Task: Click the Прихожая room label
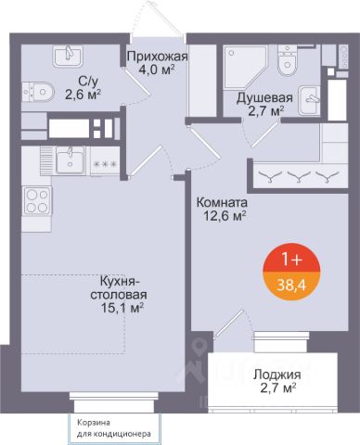158,57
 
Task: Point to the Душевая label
264,98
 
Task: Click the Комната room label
222,203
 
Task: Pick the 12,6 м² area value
225,216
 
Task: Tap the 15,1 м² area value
122,308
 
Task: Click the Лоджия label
277,375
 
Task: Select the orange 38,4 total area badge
291,286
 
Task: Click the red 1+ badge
291,258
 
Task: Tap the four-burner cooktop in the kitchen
37,200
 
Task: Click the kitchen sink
71,159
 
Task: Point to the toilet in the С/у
38,92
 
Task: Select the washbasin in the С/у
68,57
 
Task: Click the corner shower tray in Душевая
245,67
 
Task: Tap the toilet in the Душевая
288,60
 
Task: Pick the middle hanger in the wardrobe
299,176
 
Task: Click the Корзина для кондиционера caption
114,428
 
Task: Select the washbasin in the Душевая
310,100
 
